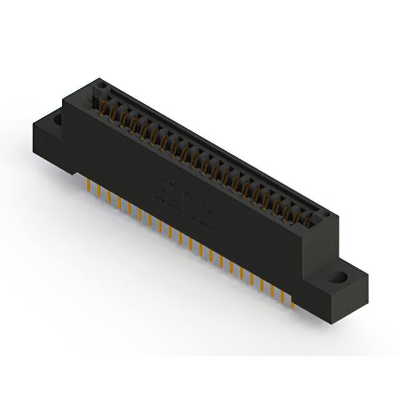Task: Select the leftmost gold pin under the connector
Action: point(88,186)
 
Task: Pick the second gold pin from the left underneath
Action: point(98,192)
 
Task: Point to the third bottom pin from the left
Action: point(109,197)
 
